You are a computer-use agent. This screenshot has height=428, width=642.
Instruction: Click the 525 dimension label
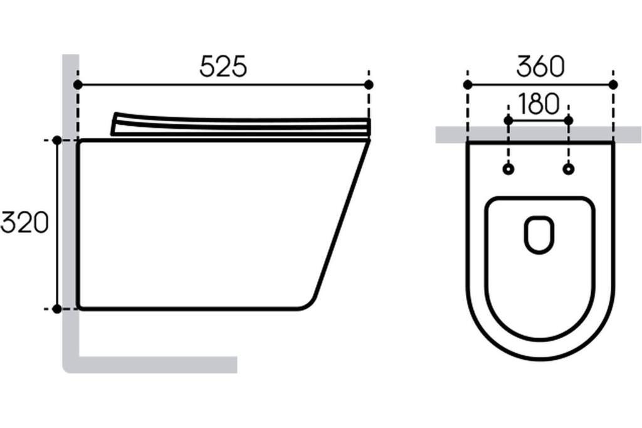(x=223, y=67)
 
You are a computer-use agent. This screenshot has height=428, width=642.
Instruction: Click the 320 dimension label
(x=24, y=223)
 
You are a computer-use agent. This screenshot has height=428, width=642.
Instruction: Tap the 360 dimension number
(x=540, y=67)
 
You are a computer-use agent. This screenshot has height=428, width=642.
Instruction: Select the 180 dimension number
(x=539, y=105)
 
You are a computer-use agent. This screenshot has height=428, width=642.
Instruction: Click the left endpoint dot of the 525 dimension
(x=78, y=84)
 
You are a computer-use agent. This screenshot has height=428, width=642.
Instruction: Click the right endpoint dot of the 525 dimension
(x=369, y=84)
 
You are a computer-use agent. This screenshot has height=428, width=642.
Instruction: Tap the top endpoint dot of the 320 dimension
(x=57, y=141)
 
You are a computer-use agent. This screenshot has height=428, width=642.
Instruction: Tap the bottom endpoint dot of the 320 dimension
(x=57, y=309)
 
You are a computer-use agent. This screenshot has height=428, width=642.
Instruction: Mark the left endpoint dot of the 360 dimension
(x=467, y=84)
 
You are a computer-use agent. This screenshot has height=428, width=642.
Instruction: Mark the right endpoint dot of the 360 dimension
(x=613, y=84)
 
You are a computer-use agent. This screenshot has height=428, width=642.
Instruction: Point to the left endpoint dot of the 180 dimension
(x=508, y=120)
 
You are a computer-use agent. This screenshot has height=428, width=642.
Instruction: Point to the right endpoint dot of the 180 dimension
(x=569, y=120)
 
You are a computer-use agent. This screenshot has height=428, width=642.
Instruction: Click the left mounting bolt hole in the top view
(x=508, y=169)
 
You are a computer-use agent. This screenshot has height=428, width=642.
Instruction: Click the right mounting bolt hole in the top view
(x=569, y=169)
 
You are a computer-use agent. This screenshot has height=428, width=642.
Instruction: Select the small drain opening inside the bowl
(x=539, y=235)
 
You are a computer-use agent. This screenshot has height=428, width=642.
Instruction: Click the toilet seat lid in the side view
(x=238, y=126)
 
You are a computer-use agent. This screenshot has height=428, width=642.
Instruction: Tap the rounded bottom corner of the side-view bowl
(x=307, y=302)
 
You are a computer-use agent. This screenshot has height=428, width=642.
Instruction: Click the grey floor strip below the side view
(x=157, y=365)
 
